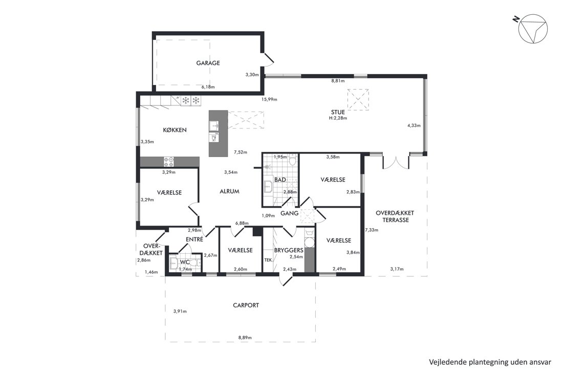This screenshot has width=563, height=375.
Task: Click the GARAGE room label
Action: point(208,63)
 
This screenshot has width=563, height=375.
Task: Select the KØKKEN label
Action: point(175,130)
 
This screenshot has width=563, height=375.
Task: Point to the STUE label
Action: point(338,113)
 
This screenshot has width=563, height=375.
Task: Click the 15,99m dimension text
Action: point(269,99)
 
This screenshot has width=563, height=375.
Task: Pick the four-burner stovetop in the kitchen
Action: point(169,162)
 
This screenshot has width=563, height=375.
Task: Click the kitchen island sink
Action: point(213,126)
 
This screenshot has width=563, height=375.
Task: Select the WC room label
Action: point(185,262)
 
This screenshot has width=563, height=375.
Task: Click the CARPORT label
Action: point(246,305)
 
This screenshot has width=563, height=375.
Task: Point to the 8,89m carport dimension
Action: point(245,338)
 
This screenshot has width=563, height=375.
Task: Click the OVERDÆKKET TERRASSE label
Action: point(395,216)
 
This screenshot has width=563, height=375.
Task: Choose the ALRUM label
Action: point(229,192)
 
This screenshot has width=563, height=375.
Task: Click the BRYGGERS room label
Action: point(289,250)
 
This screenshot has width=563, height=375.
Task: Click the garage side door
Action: point(268,60)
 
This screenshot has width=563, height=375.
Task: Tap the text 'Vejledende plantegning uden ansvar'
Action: point(490,362)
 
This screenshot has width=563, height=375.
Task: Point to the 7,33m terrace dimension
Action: point(372,230)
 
